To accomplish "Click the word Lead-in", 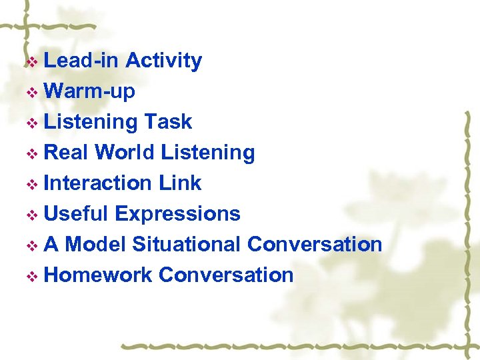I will pyautogui.click(x=81, y=61).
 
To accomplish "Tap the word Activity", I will pyautogui.click(x=163, y=61).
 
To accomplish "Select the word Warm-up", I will pyautogui.click(x=89, y=91).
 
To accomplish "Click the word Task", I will pyautogui.click(x=167, y=122).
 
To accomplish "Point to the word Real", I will pyautogui.click(x=66, y=153).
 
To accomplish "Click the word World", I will pyautogui.click(x=125, y=153).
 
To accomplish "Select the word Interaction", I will pyautogui.click(x=98, y=183).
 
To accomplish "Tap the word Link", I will pyautogui.click(x=180, y=183).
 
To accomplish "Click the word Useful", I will pyautogui.click(x=75, y=214).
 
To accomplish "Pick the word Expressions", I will pyautogui.click(x=177, y=214).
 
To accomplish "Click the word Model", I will pyautogui.click(x=95, y=245).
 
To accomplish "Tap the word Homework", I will pyautogui.click(x=98, y=275).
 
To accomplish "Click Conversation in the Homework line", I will pyautogui.click(x=226, y=275).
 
